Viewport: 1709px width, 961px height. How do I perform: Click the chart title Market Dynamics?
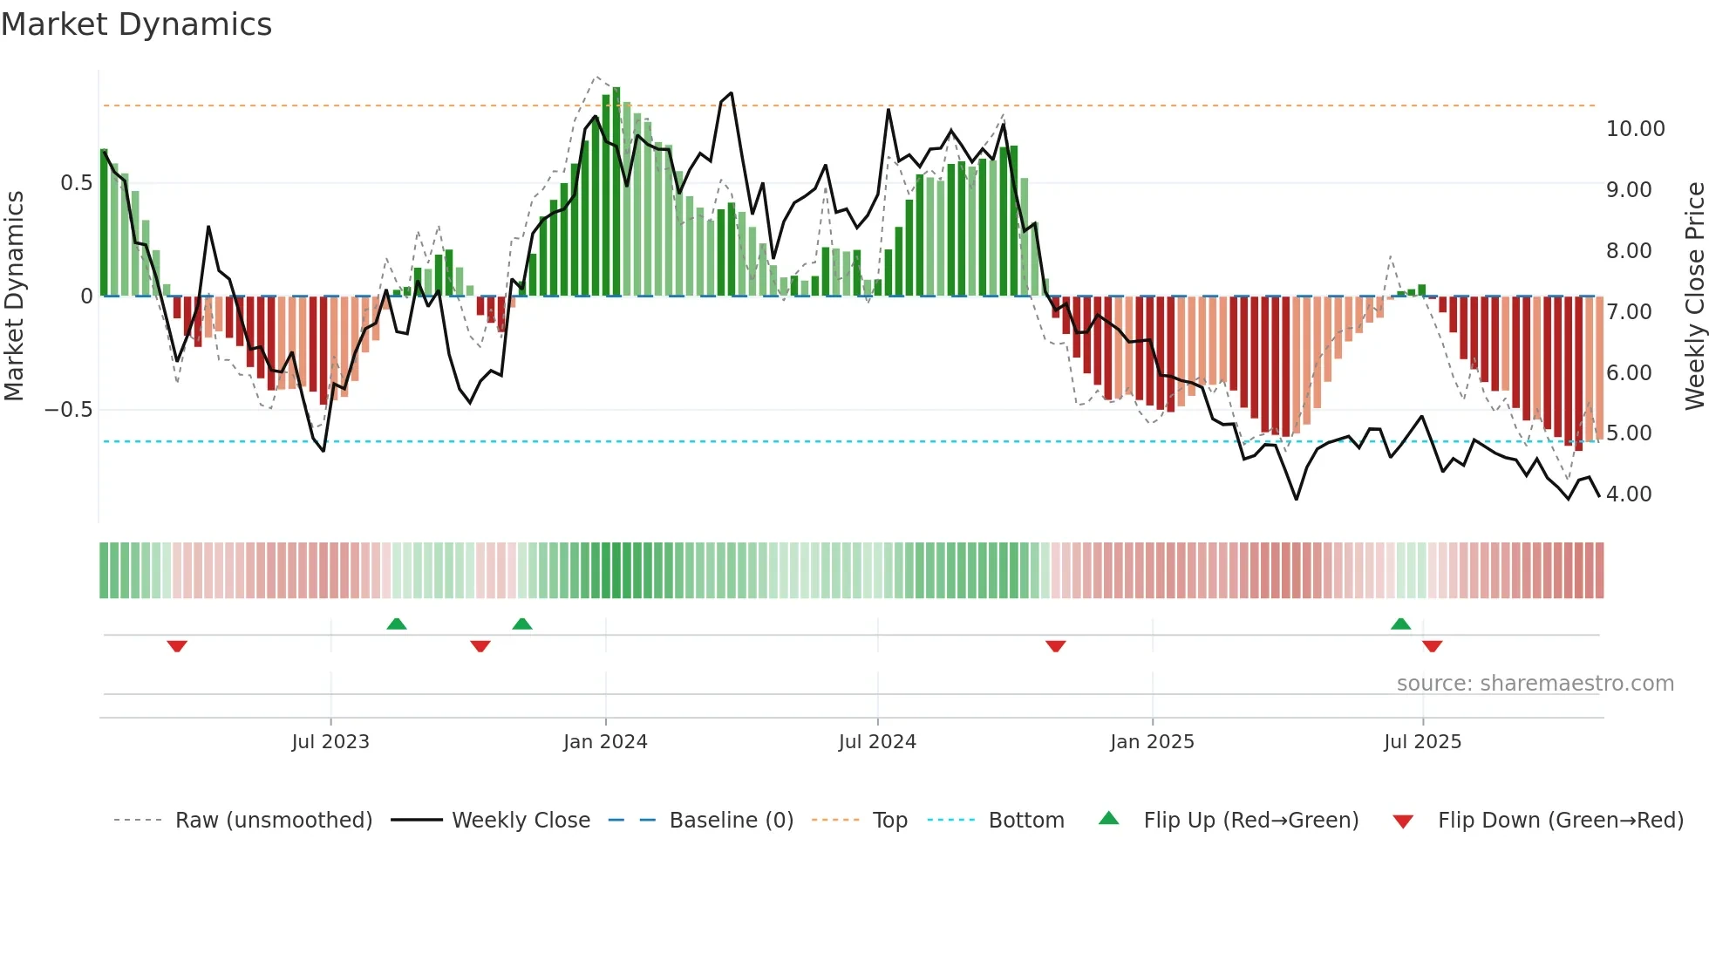[137, 24]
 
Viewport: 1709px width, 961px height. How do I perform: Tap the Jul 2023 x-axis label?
[330, 742]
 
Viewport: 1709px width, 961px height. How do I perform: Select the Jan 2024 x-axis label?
[605, 742]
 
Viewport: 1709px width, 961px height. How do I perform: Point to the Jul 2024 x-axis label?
[877, 742]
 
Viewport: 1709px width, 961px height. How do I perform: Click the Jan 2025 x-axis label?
[1152, 742]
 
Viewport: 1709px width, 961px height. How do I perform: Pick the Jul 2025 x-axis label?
[1422, 742]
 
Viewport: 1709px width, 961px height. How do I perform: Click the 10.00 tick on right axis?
[1635, 129]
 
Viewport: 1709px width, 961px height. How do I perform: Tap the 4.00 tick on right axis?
[1629, 494]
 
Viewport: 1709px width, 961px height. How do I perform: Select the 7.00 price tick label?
[1629, 312]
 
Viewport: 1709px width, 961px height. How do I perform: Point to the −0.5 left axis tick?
[69, 410]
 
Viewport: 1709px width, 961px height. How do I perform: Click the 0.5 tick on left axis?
[76, 183]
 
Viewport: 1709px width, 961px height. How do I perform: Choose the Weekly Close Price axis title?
[1694, 295]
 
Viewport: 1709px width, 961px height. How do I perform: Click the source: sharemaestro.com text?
[1535, 684]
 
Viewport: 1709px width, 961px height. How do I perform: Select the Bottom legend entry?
[1025, 821]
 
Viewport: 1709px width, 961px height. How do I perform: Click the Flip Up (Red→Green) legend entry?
[1250, 821]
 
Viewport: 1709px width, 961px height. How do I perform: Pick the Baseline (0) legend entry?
[731, 821]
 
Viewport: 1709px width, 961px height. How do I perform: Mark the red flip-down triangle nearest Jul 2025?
[1432, 646]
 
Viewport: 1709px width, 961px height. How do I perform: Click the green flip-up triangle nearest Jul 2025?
[1400, 624]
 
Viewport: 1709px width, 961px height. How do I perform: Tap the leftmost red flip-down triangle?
[177, 646]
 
